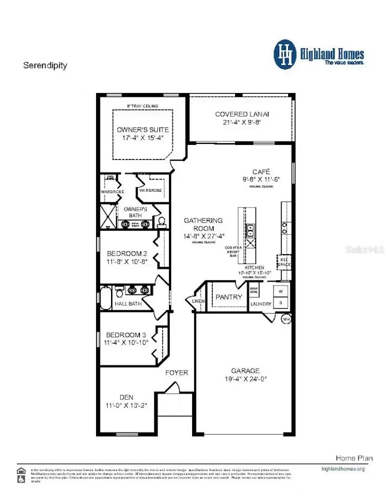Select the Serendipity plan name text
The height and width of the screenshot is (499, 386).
tap(45, 66)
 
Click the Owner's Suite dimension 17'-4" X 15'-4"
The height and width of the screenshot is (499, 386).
tap(143, 138)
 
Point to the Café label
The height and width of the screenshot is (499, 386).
tap(261, 172)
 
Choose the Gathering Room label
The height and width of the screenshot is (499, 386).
tap(203, 224)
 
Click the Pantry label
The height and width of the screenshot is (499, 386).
tap(229, 297)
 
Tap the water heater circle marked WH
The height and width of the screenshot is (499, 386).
tap(286, 319)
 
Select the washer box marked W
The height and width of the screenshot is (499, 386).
tap(281, 292)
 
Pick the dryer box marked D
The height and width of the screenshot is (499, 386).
tap(281, 303)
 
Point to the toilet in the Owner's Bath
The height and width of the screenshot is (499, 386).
tap(161, 222)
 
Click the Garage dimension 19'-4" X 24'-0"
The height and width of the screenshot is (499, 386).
tap(245, 379)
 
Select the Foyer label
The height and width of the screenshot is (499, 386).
tap(177, 373)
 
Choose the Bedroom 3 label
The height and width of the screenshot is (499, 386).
tap(123, 334)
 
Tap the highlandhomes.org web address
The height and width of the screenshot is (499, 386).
tap(343, 469)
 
